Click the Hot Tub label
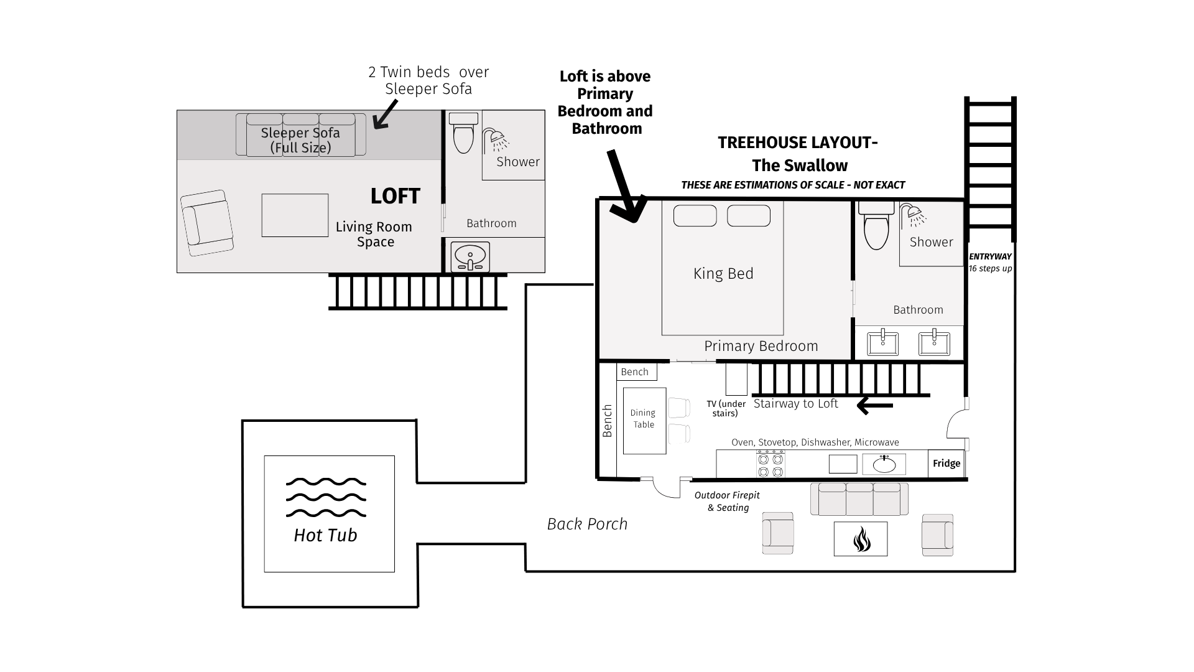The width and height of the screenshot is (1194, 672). tap(325, 535)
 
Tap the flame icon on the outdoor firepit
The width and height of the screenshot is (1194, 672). tap(861, 539)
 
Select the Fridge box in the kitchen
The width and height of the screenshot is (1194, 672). tap(946, 464)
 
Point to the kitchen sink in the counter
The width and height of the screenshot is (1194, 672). tap(884, 464)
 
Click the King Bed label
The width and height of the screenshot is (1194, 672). tap(723, 274)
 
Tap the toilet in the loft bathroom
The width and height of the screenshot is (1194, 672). tap(463, 133)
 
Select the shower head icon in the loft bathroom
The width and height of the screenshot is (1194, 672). tap(496, 140)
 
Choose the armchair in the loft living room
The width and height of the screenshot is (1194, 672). tap(207, 223)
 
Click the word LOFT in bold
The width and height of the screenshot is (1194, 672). tap(396, 197)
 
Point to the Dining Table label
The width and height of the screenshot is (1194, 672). tap(643, 419)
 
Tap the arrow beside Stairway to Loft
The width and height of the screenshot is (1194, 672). tap(875, 406)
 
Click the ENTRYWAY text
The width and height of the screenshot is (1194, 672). tap(991, 256)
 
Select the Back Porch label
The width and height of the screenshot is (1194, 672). tap(587, 525)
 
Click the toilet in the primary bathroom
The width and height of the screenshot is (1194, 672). tap(877, 225)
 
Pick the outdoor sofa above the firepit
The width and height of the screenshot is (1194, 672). tap(859, 499)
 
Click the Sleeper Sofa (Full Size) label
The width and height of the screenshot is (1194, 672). tap(300, 140)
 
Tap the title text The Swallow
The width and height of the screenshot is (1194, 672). tap(800, 166)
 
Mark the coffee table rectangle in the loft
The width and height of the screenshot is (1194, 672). tap(295, 215)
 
